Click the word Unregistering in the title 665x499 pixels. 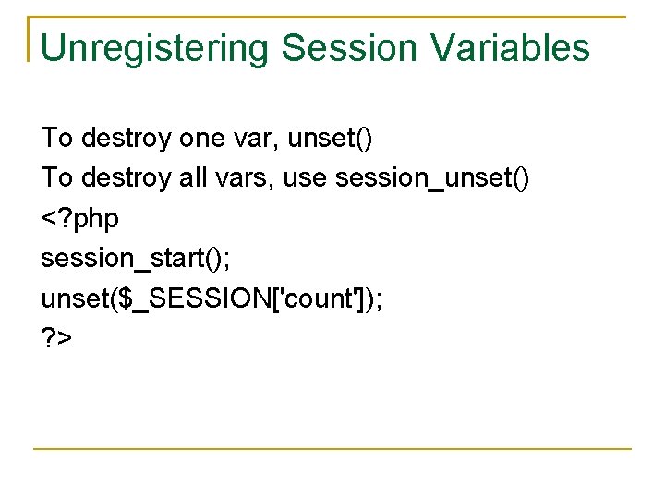[x=154, y=48]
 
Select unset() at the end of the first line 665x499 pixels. [x=330, y=139]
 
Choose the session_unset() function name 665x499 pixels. [x=432, y=177]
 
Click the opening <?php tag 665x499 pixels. [x=80, y=219]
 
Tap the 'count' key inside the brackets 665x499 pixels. [x=296, y=298]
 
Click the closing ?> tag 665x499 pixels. [x=56, y=337]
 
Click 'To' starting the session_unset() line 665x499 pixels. [x=56, y=177]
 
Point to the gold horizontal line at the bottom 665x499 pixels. [x=332, y=449]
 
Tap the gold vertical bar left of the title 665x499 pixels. [x=30, y=39]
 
